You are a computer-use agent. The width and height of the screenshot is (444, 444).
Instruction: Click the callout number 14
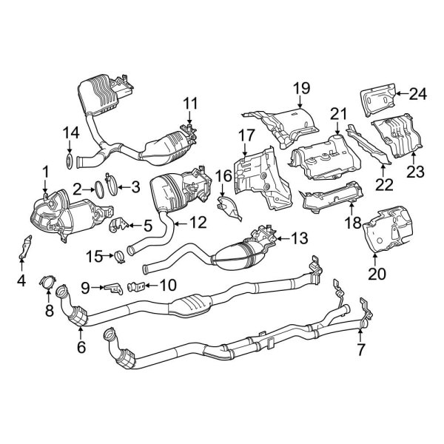(x=70, y=133)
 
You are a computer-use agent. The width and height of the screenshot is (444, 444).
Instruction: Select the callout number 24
(x=418, y=93)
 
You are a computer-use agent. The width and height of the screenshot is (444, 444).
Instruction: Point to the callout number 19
(x=300, y=90)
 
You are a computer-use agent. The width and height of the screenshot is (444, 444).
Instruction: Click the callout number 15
(x=94, y=256)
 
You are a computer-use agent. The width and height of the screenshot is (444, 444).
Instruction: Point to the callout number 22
(x=383, y=182)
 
